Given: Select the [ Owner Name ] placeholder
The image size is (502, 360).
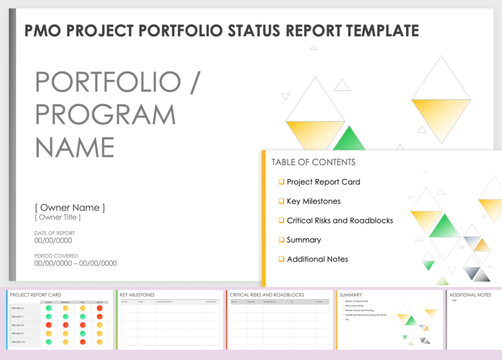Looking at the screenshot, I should pos(70,208).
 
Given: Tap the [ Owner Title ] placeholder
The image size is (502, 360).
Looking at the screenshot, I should pos(57,217).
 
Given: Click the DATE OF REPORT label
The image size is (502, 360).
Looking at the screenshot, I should pos(55,233).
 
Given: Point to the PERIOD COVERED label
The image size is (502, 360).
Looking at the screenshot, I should pos(56,256).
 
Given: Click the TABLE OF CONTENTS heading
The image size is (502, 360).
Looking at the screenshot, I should pos(313,162).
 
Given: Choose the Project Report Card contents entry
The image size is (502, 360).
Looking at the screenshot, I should pos(323,182).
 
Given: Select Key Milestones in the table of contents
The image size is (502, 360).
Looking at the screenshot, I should pos(313,201).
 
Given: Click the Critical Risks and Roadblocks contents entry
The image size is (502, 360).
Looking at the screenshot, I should pos(340,220).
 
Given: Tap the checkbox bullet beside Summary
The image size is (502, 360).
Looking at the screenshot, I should pos(282,239).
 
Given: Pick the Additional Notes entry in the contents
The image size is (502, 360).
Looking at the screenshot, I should pos(317,259).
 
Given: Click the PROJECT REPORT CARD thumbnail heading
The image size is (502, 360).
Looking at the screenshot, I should pos(36,295).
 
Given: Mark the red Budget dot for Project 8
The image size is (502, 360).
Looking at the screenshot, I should pos(49,325).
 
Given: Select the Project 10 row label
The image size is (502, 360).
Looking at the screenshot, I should pos(18,342).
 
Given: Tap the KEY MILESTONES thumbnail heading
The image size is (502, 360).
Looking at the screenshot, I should pos(137,295).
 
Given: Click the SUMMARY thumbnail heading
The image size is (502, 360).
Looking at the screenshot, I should pos(350,295).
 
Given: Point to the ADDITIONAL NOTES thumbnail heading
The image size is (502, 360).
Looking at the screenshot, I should pos(470,295).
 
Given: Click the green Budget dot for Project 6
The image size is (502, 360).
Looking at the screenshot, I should pos(49,308).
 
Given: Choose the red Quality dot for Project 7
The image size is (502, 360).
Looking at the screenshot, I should pos(100,316).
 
